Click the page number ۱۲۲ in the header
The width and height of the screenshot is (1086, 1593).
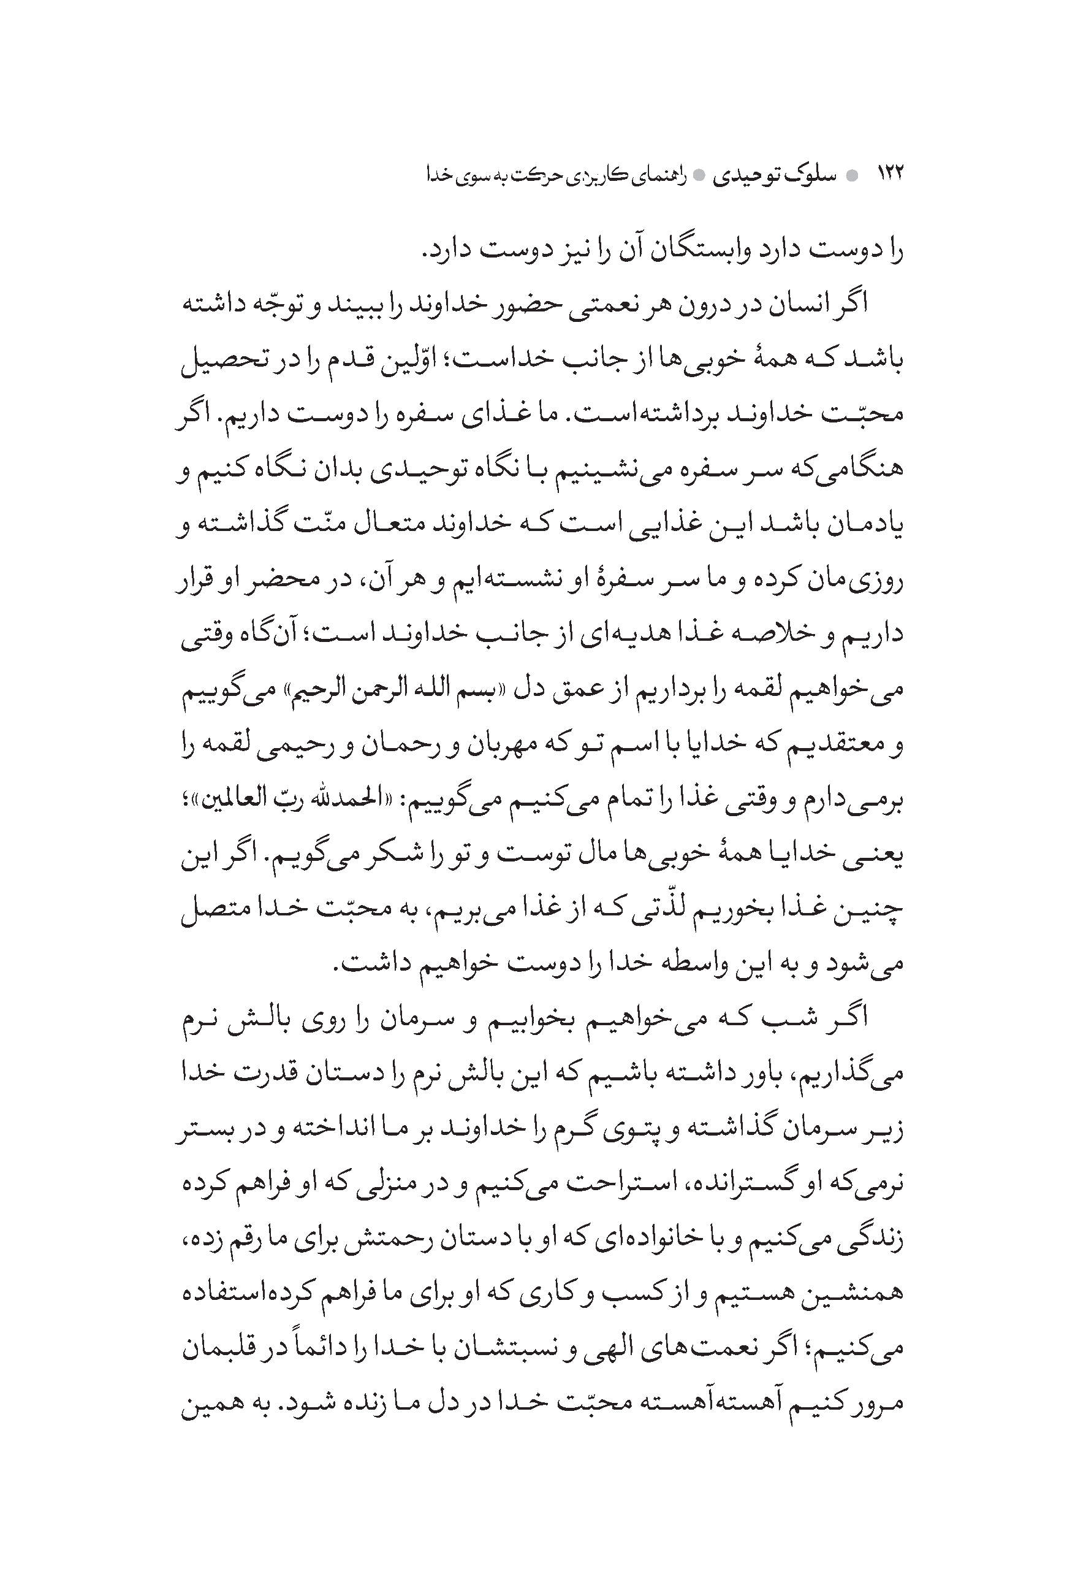point(890,174)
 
